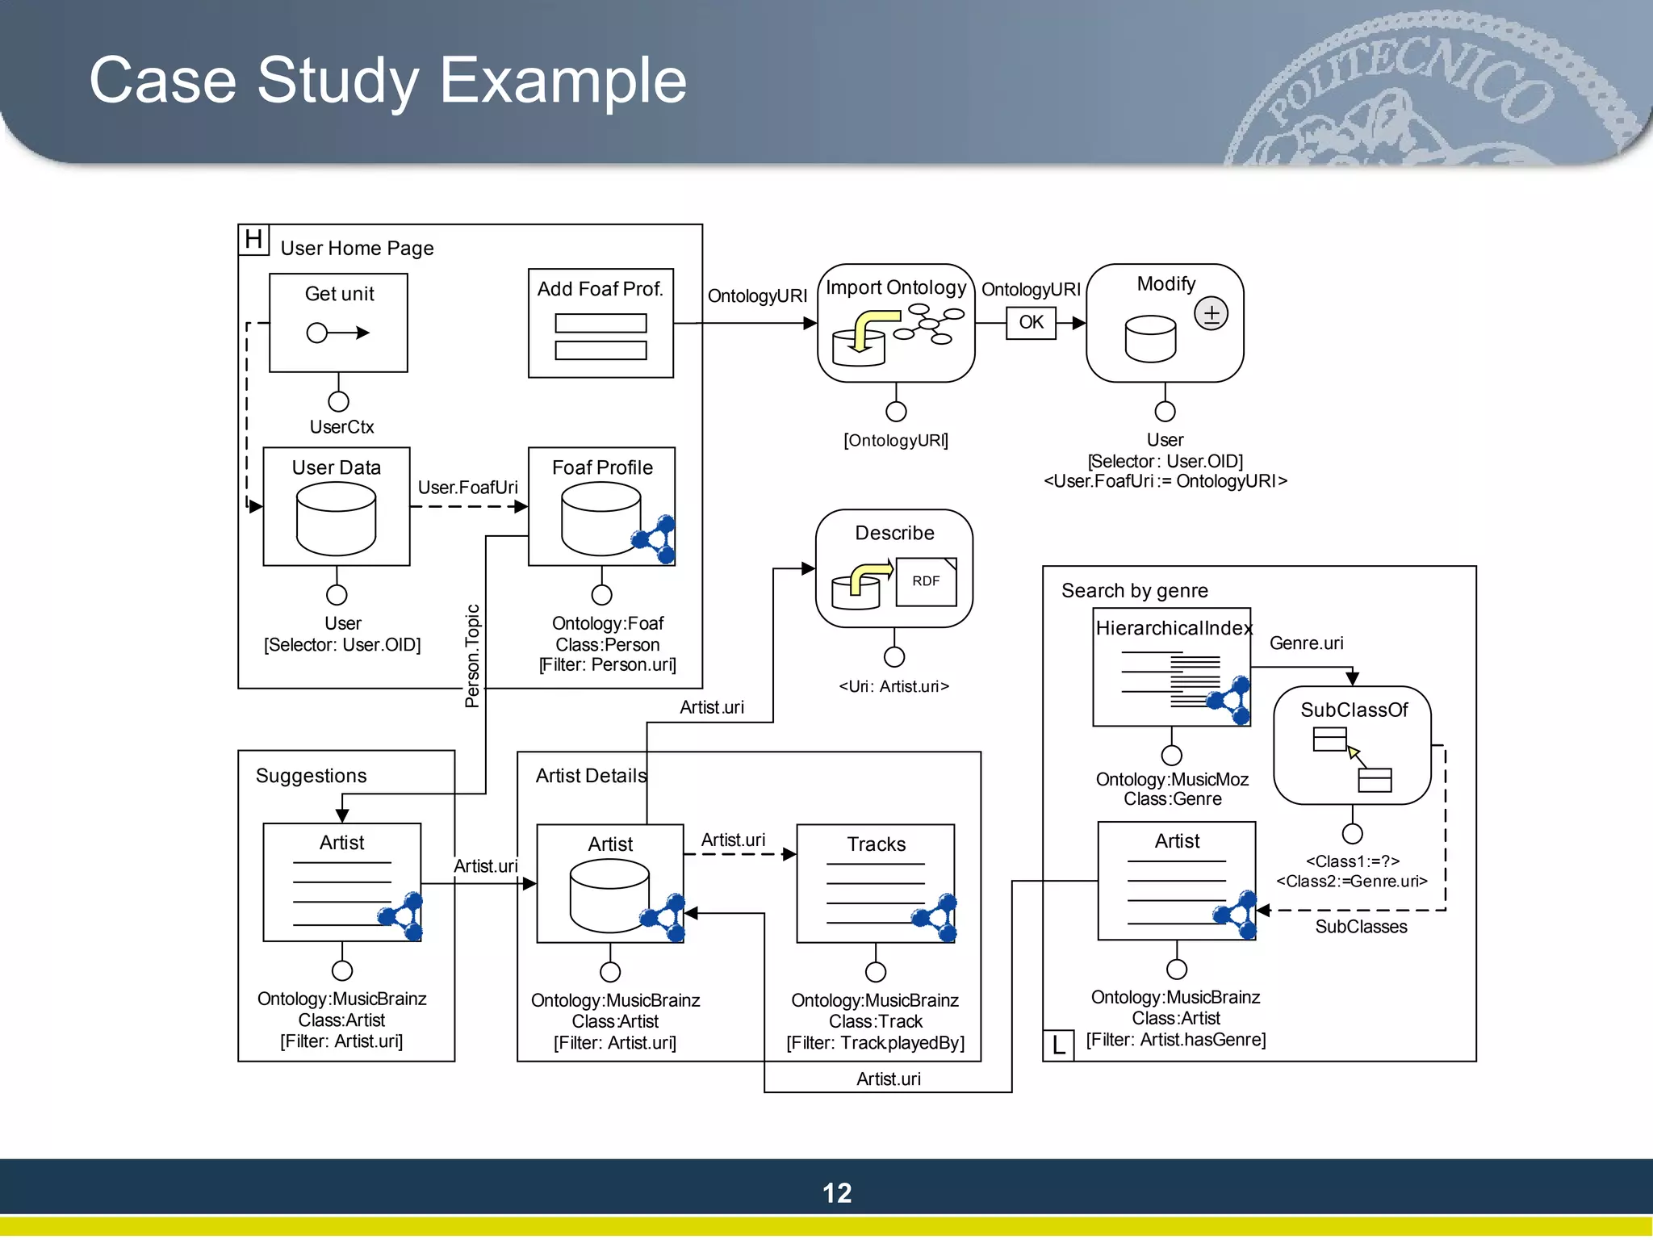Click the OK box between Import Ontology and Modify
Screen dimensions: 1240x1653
1031,323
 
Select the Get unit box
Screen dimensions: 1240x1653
338,322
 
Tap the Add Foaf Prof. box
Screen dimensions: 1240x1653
601,323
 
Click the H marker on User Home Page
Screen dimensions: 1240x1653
253,240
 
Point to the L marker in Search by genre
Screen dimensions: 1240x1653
1058,1045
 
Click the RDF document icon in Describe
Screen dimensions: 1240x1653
926,581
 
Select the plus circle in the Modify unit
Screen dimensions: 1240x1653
1211,313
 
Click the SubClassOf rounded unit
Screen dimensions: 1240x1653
1352,744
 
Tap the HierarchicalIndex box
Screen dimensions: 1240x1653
1171,667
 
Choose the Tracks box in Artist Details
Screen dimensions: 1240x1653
876,883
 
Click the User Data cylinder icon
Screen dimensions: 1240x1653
336,518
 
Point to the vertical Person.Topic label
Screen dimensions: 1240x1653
472,656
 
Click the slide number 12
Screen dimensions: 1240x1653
837,1193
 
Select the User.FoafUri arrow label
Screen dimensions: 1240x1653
467,488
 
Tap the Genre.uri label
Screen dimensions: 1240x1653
1306,643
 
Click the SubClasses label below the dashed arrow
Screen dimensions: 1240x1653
1361,927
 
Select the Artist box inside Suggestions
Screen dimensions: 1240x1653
342,882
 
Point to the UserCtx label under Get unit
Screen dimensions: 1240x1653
341,427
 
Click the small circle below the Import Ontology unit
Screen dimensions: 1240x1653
896,412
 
